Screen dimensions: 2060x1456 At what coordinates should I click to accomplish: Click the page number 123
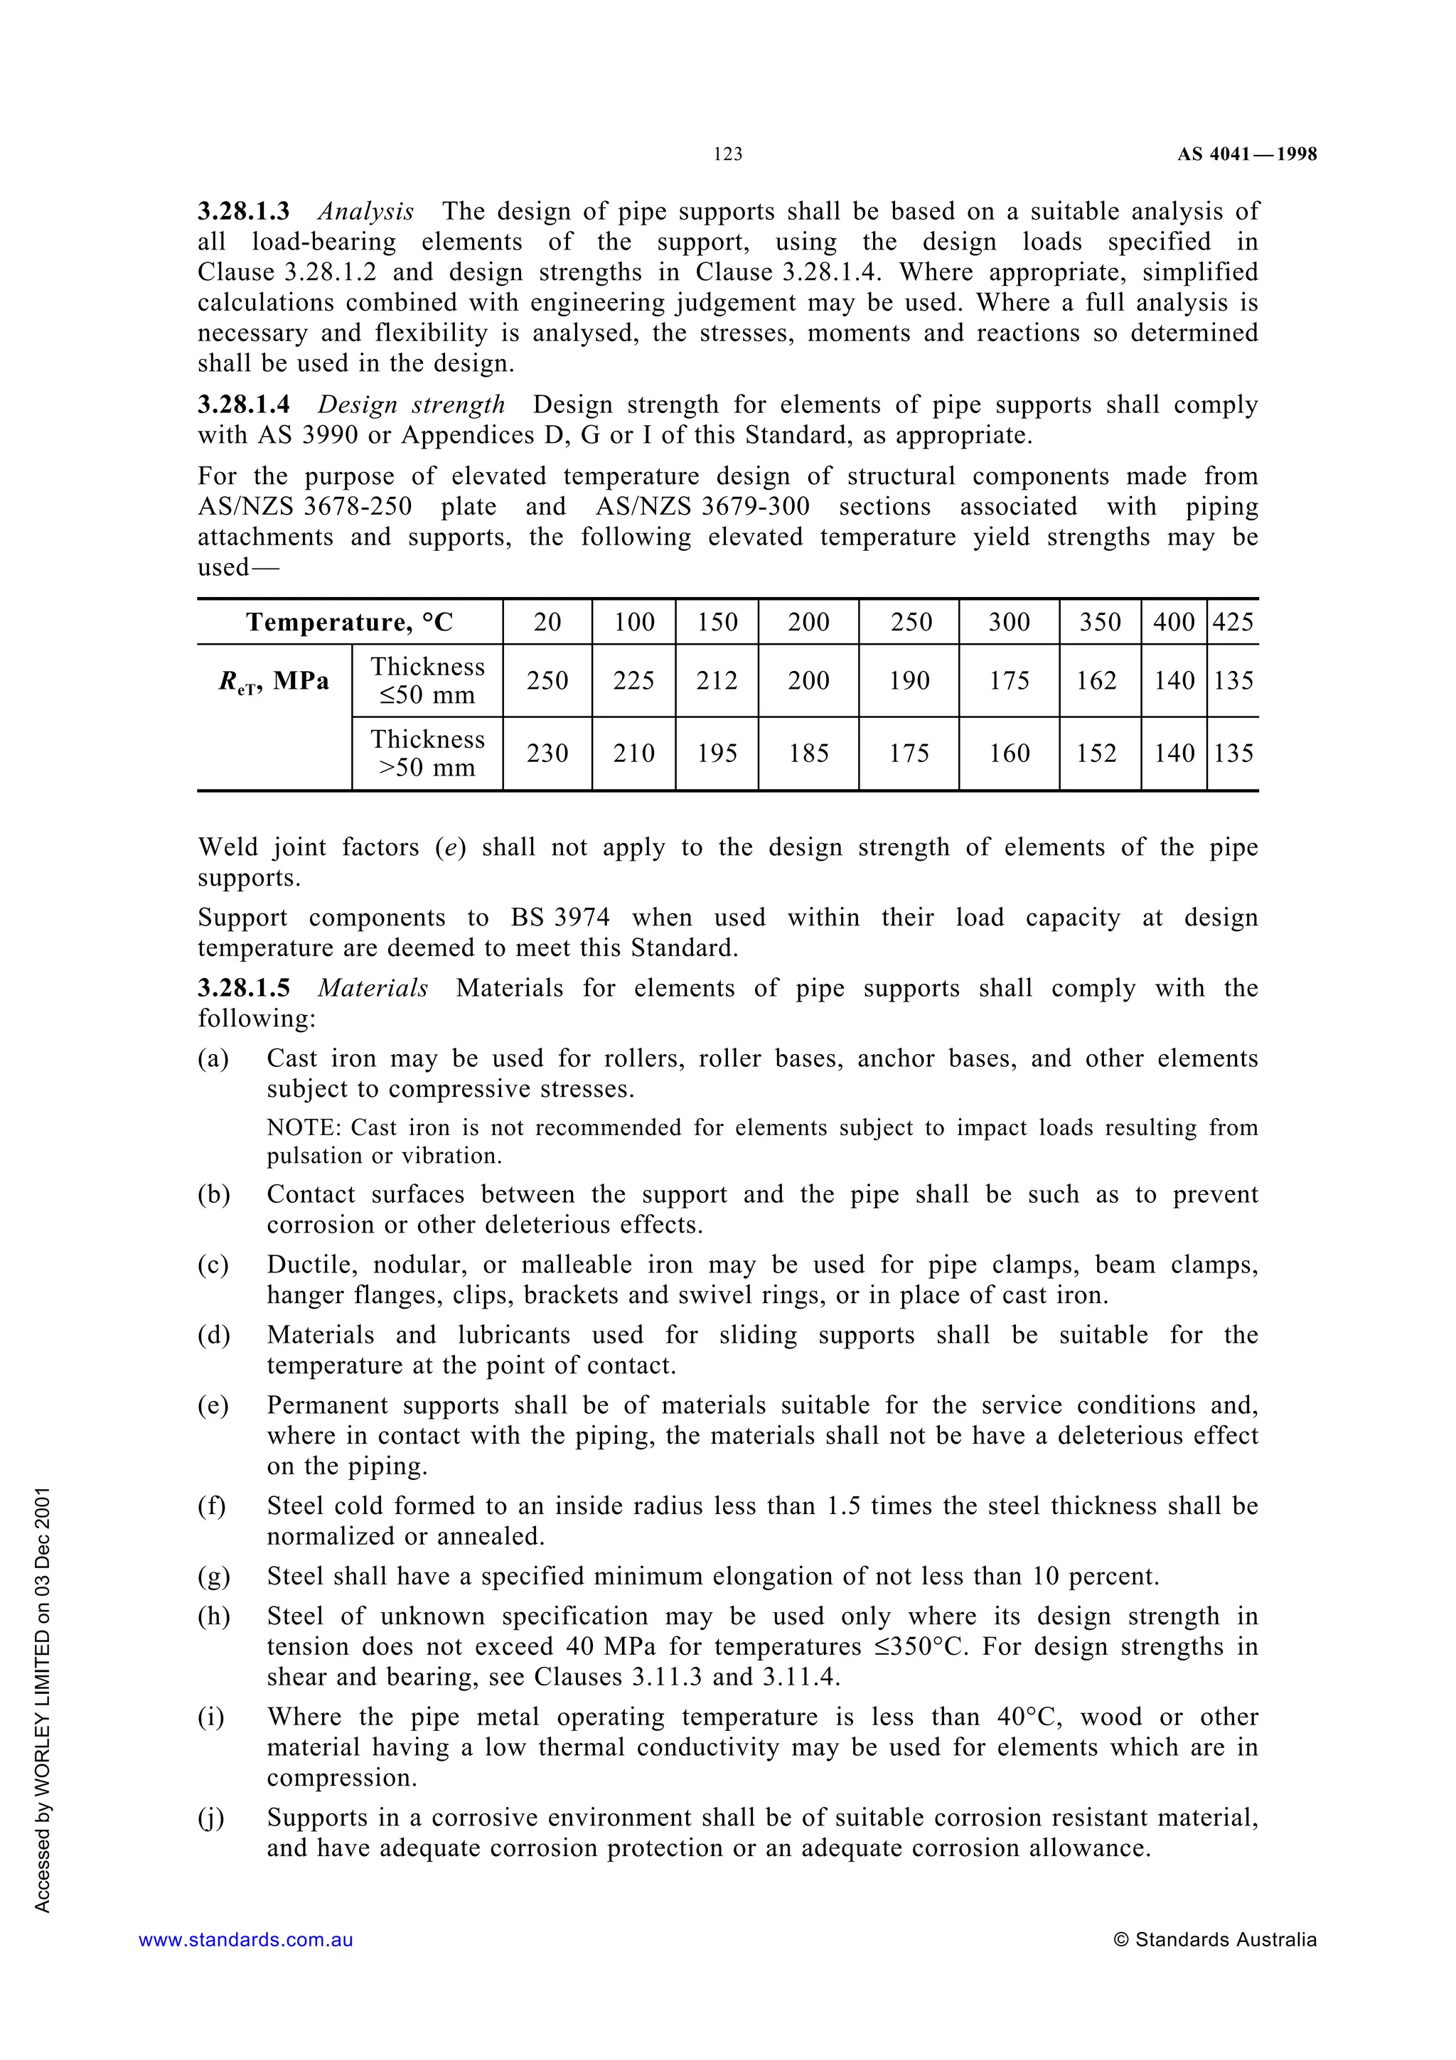[x=727, y=154]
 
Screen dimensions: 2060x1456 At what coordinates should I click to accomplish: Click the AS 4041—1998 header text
[x=1246, y=154]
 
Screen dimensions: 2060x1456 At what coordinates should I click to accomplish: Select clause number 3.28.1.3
[x=244, y=212]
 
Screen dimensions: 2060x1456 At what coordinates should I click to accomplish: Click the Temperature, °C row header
[x=350, y=622]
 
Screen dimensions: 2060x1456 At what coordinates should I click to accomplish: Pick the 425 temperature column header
[x=1233, y=622]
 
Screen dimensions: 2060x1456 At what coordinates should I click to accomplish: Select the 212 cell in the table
[x=717, y=680]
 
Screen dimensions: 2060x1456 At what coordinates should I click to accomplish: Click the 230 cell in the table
[x=547, y=753]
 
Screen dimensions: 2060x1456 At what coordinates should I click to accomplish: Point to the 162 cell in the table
[x=1099, y=680]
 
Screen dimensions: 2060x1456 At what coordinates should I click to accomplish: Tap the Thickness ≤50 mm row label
[x=427, y=680]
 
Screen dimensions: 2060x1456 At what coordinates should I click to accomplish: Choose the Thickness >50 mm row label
[x=427, y=753]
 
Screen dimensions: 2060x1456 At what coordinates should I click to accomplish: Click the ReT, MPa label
[x=274, y=681]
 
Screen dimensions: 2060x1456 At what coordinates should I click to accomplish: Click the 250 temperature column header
[x=910, y=622]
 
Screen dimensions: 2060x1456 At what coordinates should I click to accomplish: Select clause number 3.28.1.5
[x=244, y=988]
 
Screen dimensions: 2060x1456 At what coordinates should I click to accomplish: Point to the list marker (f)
[x=212, y=1506]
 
